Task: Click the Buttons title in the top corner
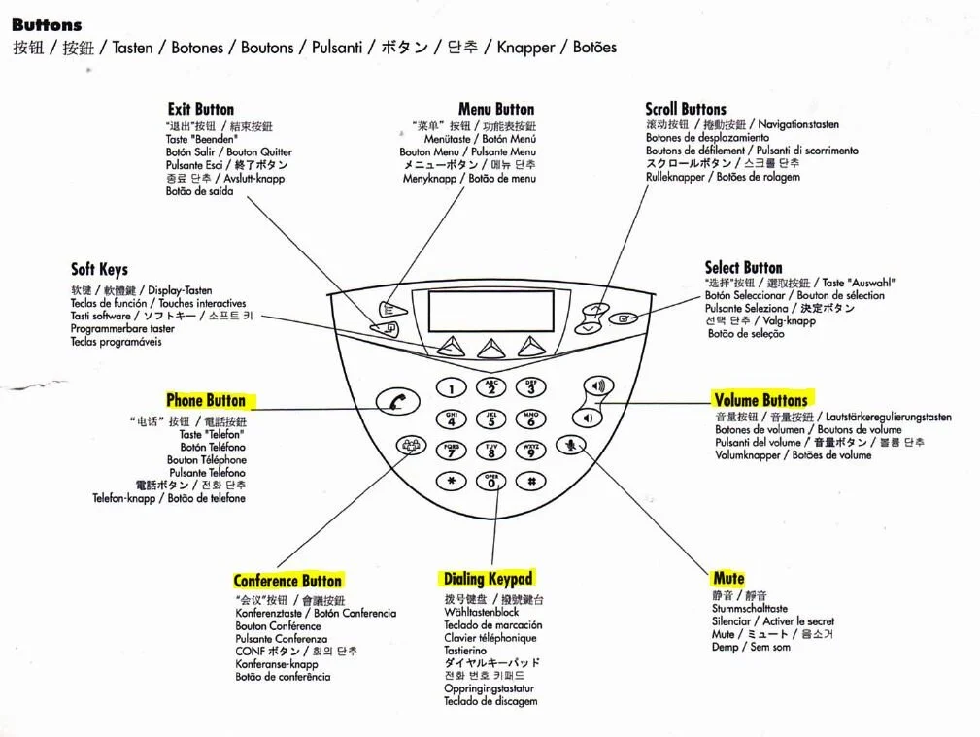47,25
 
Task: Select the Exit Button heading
200,109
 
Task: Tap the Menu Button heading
495,109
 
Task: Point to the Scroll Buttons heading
685,109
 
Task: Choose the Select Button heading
743,267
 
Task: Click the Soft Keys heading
99,269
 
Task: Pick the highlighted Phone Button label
206,400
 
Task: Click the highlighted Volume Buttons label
760,399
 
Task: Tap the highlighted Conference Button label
287,581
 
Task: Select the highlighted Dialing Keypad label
489,579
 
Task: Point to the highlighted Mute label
728,578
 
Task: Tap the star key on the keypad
451,480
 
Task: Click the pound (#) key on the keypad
530,480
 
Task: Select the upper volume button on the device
596,386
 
